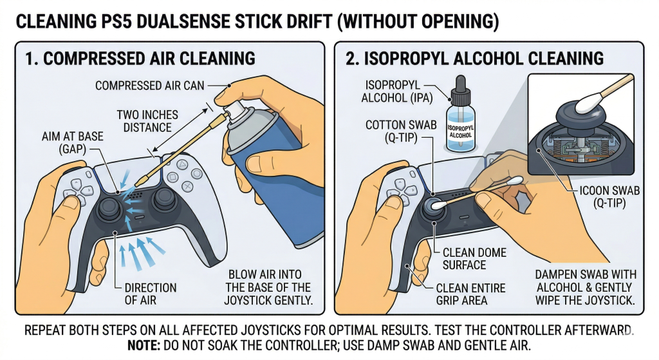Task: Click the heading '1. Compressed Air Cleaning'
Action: tap(140, 59)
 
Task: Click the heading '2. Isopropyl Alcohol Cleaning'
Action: tap(475, 59)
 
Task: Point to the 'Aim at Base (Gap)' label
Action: tap(63, 144)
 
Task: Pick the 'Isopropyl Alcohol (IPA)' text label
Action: tap(396, 93)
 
